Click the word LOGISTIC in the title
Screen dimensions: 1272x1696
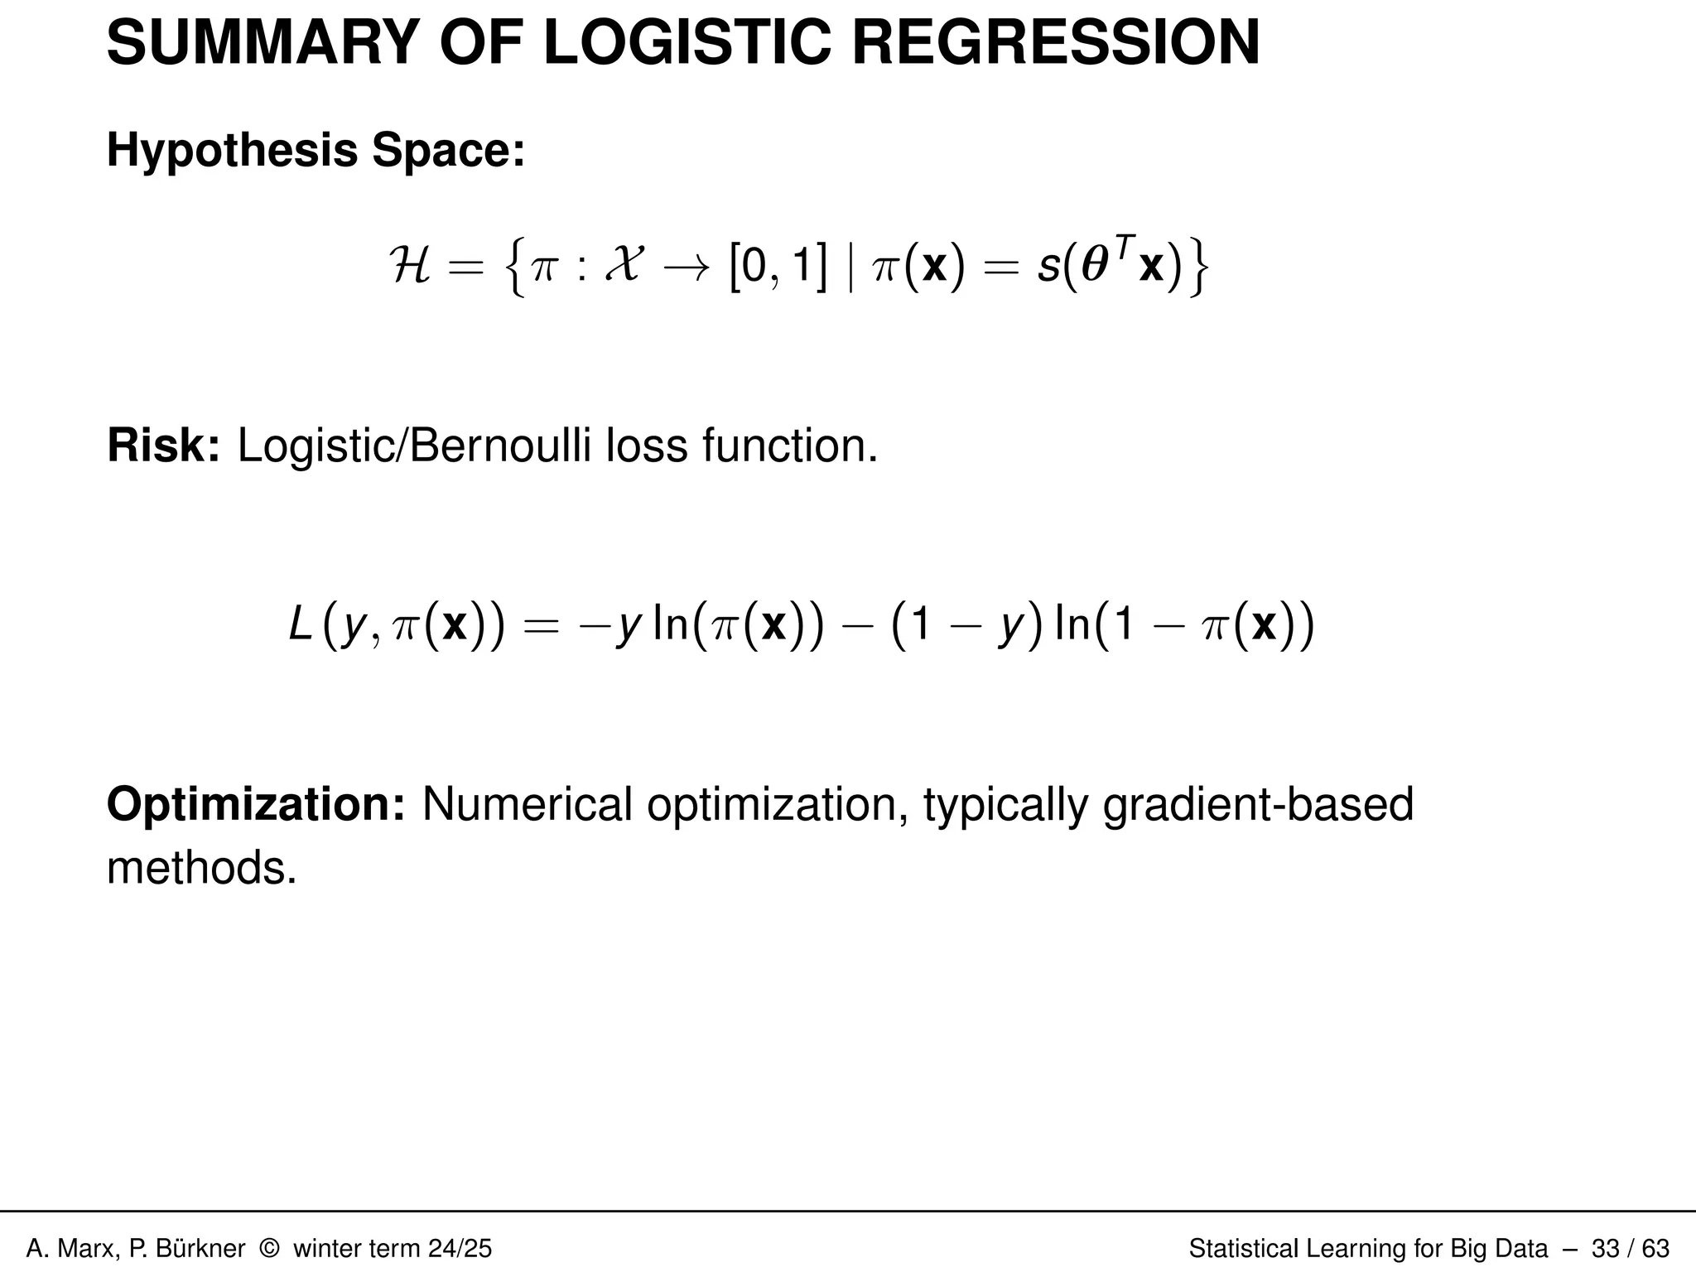687,43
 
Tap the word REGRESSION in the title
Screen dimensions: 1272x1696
1056,43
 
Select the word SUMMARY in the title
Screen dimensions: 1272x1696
264,43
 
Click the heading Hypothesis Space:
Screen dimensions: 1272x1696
316,151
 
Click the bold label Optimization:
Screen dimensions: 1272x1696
256,804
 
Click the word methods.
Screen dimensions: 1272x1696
201,868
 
